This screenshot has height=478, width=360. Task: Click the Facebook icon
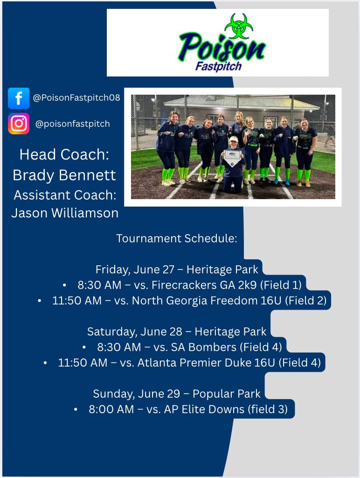19,98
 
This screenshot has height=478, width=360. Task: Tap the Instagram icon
19,124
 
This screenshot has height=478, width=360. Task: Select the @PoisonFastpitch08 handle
76,98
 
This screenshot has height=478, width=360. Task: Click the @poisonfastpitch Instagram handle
72,124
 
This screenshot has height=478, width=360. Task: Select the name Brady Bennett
65,175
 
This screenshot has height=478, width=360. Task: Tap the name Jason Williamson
65,213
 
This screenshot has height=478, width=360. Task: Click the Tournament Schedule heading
177,239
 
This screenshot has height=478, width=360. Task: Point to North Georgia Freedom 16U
207,301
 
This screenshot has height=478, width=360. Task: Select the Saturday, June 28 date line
177,332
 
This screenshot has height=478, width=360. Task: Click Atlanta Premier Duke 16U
206,363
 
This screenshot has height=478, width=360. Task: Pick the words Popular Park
224,394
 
